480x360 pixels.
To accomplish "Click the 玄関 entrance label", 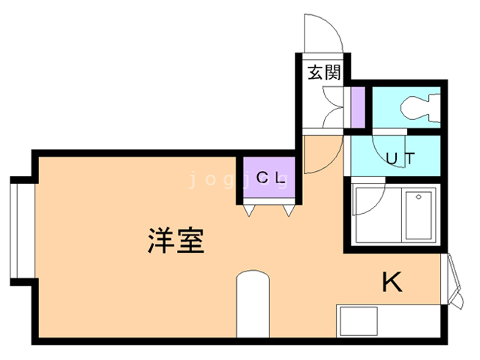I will [x=324, y=73].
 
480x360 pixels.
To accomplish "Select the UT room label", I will [x=401, y=158].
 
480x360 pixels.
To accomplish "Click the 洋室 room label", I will [x=175, y=241].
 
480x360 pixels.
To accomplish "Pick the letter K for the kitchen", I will [x=393, y=283].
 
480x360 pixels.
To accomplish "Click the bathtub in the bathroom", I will [x=418, y=216].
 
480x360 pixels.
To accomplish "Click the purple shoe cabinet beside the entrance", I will [x=358, y=108].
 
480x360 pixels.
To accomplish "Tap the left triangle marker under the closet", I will [x=247, y=211].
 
